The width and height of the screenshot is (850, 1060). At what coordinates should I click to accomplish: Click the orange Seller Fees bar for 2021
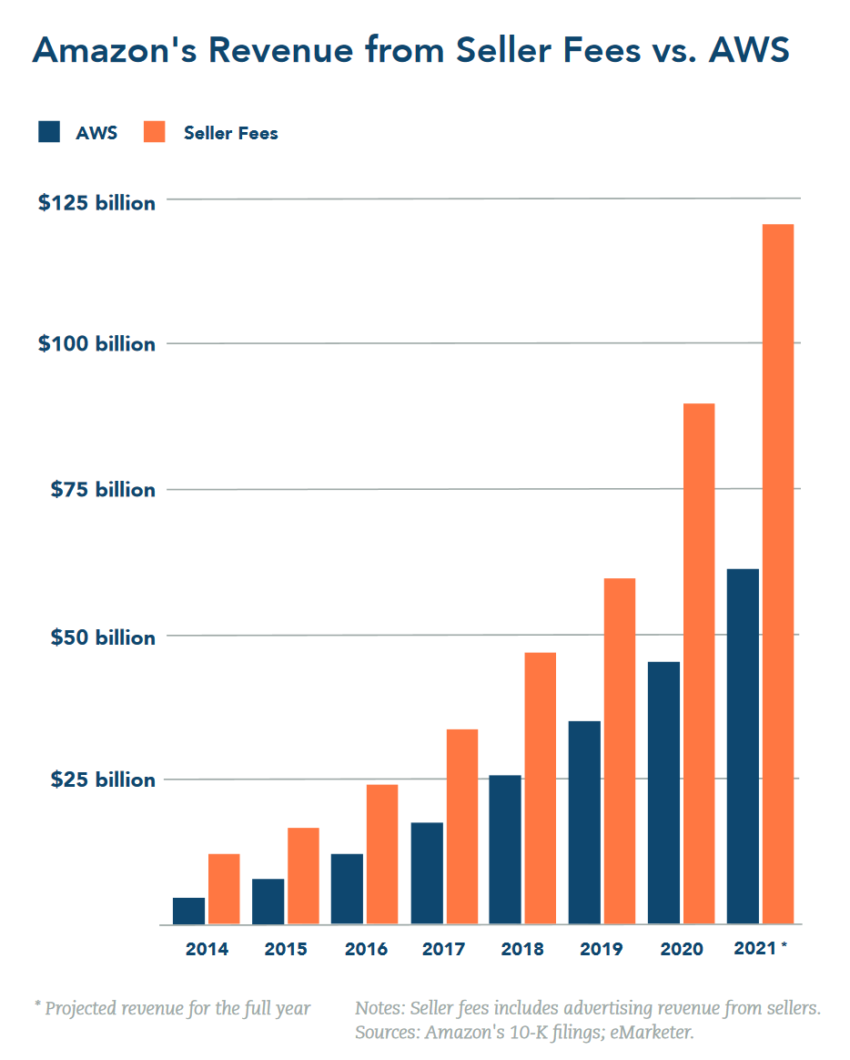(x=778, y=574)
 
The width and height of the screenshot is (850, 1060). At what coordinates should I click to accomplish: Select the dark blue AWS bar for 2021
(x=743, y=747)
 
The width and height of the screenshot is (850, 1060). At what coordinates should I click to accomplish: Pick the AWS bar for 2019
(x=584, y=822)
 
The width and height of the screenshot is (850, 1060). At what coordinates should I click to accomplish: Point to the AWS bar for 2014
(x=188, y=911)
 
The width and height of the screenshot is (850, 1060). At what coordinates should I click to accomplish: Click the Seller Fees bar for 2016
(x=382, y=854)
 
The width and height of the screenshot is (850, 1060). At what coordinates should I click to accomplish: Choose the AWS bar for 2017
(x=427, y=873)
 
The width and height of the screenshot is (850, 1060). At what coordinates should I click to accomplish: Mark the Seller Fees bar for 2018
(x=541, y=788)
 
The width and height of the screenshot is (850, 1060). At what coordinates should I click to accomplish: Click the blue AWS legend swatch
(x=49, y=132)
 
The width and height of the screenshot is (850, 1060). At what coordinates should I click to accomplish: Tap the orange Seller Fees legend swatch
(x=155, y=132)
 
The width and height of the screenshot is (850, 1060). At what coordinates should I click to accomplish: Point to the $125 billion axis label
(x=96, y=203)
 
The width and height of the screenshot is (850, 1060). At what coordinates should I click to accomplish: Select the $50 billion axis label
(x=102, y=637)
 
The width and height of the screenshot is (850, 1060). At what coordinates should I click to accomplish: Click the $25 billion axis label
(x=102, y=780)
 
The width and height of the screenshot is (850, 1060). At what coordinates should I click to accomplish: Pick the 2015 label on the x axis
(x=286, y=949)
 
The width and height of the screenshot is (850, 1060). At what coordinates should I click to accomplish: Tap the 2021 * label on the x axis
(x=760, y=948)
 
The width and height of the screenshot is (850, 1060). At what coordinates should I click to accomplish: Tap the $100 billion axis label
(x=96, y=345)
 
